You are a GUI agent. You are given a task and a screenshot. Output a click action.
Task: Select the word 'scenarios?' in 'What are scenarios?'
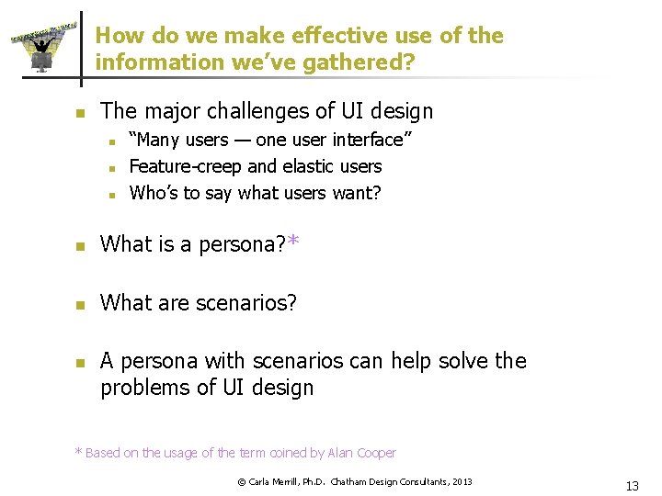(x=245, y=302)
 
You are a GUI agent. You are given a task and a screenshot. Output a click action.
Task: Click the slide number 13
(x=631, y=486)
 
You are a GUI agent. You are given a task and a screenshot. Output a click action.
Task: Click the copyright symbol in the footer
(x=242, y=481)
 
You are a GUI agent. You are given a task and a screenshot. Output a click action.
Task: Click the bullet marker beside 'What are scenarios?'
(x=80, y=304)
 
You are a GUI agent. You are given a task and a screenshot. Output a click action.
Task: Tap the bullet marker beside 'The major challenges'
(x=80, y=114)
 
